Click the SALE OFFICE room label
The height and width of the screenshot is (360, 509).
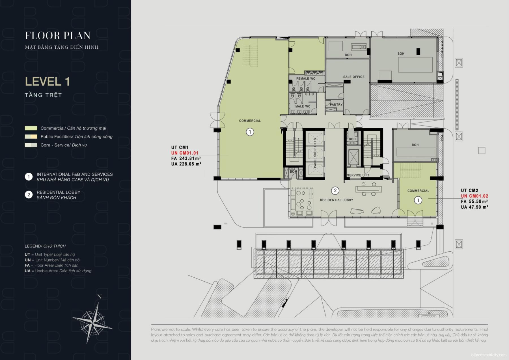354,77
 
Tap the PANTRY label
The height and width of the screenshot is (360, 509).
336,104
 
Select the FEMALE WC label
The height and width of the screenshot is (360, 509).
306,78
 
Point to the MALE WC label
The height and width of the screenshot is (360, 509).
303,106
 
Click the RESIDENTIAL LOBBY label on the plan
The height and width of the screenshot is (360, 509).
337,200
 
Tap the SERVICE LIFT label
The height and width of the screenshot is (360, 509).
358,175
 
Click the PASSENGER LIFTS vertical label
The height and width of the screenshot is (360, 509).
315,153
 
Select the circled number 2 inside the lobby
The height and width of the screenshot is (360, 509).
335,190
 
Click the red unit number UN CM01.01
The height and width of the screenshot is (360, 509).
185,153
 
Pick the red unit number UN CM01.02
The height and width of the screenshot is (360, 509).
475,196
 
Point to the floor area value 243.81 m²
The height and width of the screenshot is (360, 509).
190,158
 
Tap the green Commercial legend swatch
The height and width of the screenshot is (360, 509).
31,128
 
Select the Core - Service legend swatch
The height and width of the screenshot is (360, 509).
31,145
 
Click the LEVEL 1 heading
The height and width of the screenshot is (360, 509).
47,82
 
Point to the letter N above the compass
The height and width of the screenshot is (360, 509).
99,297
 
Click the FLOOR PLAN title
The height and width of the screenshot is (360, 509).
58,35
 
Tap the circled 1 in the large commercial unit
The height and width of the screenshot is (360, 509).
250,132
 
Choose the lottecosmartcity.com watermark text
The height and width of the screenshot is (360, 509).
488,355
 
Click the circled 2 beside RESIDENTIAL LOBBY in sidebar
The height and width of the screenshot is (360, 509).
29,195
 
